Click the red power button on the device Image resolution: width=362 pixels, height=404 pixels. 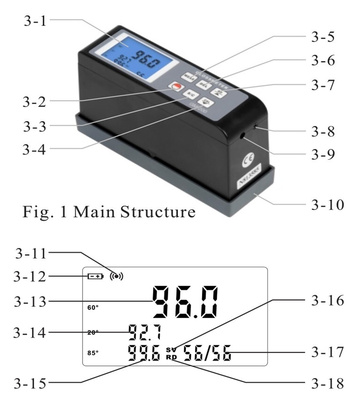[175, 87]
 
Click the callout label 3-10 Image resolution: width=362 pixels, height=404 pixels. [327, 205]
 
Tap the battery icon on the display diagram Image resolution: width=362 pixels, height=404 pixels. [95, 276]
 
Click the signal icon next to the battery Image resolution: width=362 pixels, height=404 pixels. [116, 276]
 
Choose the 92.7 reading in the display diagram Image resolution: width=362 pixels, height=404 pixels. [145, 332]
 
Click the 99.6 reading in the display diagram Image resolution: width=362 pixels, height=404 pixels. [144, 353]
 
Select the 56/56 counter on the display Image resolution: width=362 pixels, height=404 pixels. [207, 353]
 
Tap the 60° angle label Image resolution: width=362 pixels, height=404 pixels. [93, 308]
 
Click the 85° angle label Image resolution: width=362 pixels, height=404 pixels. [93, 353]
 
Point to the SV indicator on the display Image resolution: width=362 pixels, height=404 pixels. [171, 350]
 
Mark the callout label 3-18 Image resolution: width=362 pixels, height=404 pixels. [327, 384]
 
